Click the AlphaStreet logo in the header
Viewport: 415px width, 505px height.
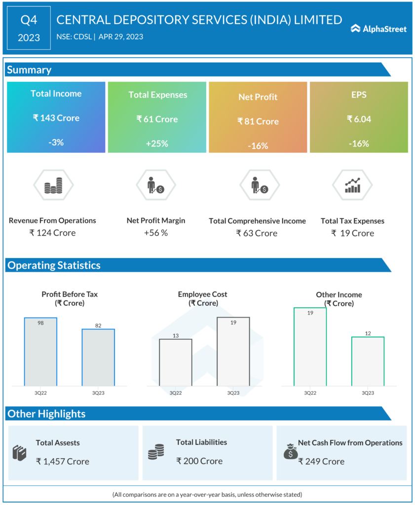point(378,29)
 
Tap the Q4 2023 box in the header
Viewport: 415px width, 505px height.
point(29,28)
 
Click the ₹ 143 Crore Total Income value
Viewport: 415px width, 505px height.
point(56,118)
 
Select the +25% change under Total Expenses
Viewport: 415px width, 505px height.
point(157,144)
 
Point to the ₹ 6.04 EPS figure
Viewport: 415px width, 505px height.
point(359,119)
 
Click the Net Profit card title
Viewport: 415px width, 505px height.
point(258,97)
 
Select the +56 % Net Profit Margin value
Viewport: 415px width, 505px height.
point(156,233)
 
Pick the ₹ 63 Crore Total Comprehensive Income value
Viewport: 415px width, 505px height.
point(257,233)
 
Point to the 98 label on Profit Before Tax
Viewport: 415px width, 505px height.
point(41,323)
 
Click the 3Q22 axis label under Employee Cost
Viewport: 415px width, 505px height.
point(176,393)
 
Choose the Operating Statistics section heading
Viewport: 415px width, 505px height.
point(54,265)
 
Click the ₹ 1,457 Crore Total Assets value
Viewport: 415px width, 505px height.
point(63,462)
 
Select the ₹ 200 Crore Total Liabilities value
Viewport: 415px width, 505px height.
point(199,462)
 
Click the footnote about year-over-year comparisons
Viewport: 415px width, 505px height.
point(207,494)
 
